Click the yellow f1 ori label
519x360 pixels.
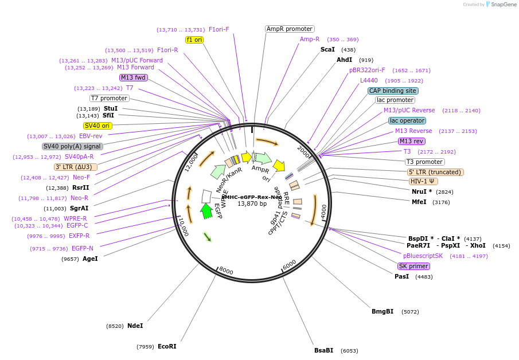coord(194,40)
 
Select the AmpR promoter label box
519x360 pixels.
coord(290,29)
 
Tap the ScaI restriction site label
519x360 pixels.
coord(327,50)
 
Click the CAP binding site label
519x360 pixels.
coord(393,91)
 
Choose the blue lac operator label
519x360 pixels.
coord(407,120)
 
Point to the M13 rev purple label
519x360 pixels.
coord(411,141)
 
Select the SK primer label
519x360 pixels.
coord(413,266)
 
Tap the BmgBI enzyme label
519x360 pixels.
coord(383,312)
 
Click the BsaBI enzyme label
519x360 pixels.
coord(323,350)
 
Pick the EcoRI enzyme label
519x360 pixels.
coord(167,346)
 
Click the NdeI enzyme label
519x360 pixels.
coord(135,326)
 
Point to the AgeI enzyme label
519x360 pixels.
coord(90,259)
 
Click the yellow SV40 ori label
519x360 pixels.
coord(97,126)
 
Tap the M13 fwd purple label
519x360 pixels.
coord(134,77)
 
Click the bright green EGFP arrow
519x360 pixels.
coord(206,211)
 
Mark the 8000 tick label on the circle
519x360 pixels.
coord(226,271)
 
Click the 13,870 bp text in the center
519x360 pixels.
coord(252,204)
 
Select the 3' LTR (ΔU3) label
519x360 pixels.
coord(76,167)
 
